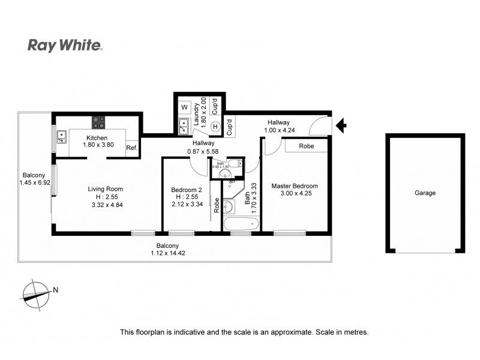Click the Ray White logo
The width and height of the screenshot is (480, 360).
tap(65, 46)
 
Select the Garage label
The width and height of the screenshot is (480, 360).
tap(425, 193)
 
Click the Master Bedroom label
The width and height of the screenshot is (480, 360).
tap(295, 186)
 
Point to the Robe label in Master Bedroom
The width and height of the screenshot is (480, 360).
tap(307, 146)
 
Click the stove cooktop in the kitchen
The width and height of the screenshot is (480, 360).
tap(98, 122)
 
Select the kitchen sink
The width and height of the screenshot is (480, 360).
tap(62, 139)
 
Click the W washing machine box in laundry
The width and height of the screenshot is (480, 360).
tap(184, 107)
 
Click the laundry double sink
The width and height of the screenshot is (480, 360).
tap(184, 126)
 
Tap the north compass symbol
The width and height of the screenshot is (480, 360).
tap(36, 293)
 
